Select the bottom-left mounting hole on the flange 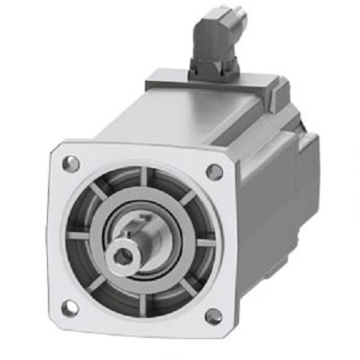tap(71, 307)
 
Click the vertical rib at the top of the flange tap(143, 178)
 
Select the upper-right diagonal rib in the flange tap(184, 199)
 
